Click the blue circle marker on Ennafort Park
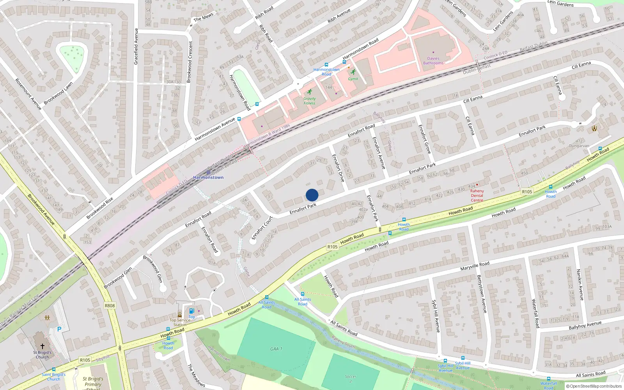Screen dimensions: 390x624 tap(312, 195)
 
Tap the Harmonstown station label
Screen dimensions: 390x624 tap(208, 177)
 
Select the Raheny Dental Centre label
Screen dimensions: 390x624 tap(477, 195)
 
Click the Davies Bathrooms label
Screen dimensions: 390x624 tap(433, 61)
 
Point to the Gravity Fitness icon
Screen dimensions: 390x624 tap(310, 92)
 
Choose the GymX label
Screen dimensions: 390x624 tap(353, 79)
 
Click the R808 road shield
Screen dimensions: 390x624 tap(110, 305)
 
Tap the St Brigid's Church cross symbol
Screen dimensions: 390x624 tap(43, 346)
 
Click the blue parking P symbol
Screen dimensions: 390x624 tap(59, 329)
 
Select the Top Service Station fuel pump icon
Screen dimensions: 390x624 tap(191, 311)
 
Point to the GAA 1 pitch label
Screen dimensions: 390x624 tap(276, 349)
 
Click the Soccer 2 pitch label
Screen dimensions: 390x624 tap(350, 378)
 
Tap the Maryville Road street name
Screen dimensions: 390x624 tap(475, 266)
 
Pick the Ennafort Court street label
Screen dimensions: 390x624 tap(262, 228)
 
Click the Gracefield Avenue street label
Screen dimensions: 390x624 tap(136, 46)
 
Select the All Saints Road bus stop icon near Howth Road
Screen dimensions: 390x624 tap(266, 297)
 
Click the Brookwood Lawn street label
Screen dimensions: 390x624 tap(58, 93)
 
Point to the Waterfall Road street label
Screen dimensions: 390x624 tap(535, 313)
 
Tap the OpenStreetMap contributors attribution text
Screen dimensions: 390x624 tap(594, 386)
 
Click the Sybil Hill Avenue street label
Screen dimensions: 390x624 tap(436, 316)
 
